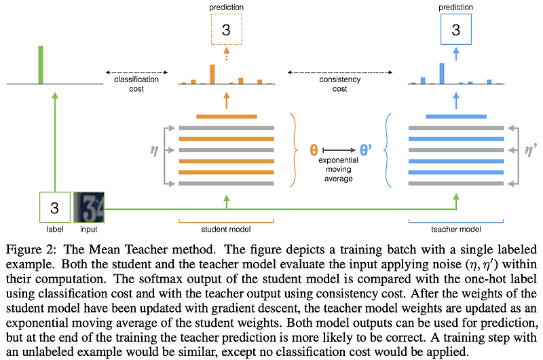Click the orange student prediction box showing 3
coord(226,31)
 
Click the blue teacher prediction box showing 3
coord(455,31)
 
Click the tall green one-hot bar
coord(41,65)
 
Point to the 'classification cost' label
coord(136,84)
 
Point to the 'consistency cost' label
coord(340,84)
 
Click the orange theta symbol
coord(314,149)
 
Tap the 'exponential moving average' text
coord(339,170)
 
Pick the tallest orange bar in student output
coord(212,74)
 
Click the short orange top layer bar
coord(226,116)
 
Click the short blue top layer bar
coord(455,116)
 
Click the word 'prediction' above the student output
coord(227,7)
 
